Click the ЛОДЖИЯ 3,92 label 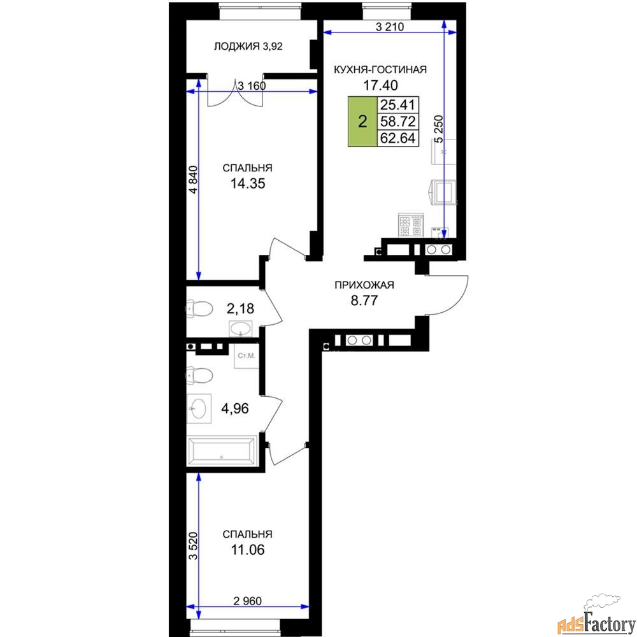248,47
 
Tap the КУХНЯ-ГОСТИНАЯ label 380,69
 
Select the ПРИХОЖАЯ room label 364,285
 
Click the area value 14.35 248,183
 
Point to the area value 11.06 248,550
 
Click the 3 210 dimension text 390,27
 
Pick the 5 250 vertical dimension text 439,129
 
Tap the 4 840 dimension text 194,180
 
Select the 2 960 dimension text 248,601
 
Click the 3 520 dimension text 194,546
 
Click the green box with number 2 362,121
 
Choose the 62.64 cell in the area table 398,138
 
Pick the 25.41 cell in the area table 398,105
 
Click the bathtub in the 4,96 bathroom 222,450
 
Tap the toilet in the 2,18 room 200,309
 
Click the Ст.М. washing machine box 246,356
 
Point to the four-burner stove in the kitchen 411,225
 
